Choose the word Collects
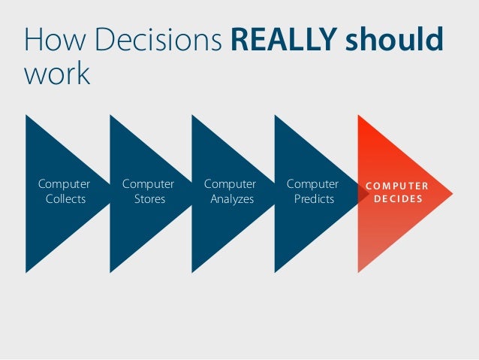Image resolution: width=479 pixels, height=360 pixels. (x=65, y=199)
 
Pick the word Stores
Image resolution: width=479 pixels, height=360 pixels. (x=149, y=199)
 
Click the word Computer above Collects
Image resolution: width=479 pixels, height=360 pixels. (x=65, y=184)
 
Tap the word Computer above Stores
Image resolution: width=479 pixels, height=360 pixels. (x=148, y=184)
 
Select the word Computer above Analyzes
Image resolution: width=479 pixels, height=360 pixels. (x=230, y=184)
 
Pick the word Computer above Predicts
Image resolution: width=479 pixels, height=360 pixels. (x=312, y=184)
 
